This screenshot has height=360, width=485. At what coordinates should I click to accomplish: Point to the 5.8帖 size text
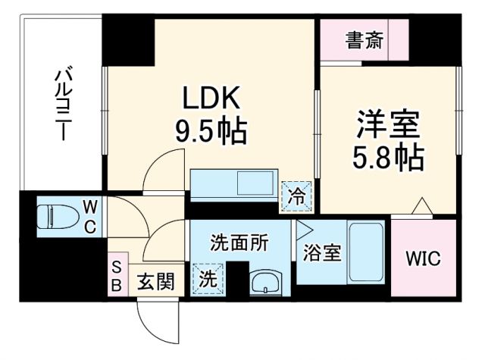387,158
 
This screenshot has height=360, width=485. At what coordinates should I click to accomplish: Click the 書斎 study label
365,39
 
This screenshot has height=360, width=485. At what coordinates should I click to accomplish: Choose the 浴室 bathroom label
321,252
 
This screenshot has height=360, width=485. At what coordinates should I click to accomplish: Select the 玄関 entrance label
157,282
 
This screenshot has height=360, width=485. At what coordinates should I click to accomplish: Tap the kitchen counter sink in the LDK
250,184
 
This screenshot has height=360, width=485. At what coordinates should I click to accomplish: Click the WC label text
89,216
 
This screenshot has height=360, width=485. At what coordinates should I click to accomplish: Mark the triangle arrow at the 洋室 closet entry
421,205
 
